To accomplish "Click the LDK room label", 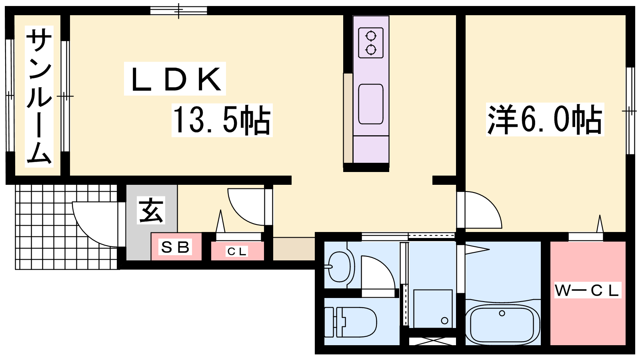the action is (175, 79).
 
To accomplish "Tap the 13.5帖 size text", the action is (222, 120).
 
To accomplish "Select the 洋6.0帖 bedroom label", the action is (545, 120).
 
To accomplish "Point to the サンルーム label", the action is (39, 96).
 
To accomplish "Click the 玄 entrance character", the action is (151, 210).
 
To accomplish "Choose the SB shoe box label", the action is (176, 247).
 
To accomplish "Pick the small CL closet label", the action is (236, 252).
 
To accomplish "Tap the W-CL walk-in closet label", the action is (588, 290).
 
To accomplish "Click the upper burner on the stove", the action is (371, 36).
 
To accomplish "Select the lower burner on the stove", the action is (371, 50).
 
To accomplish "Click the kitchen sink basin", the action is (370, 104).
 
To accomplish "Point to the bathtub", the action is (502, 324).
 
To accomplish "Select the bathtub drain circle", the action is (502, 314).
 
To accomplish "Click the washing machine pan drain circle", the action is (444, 320).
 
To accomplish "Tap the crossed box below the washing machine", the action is (432, 341).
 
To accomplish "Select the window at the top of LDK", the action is (178, 10).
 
